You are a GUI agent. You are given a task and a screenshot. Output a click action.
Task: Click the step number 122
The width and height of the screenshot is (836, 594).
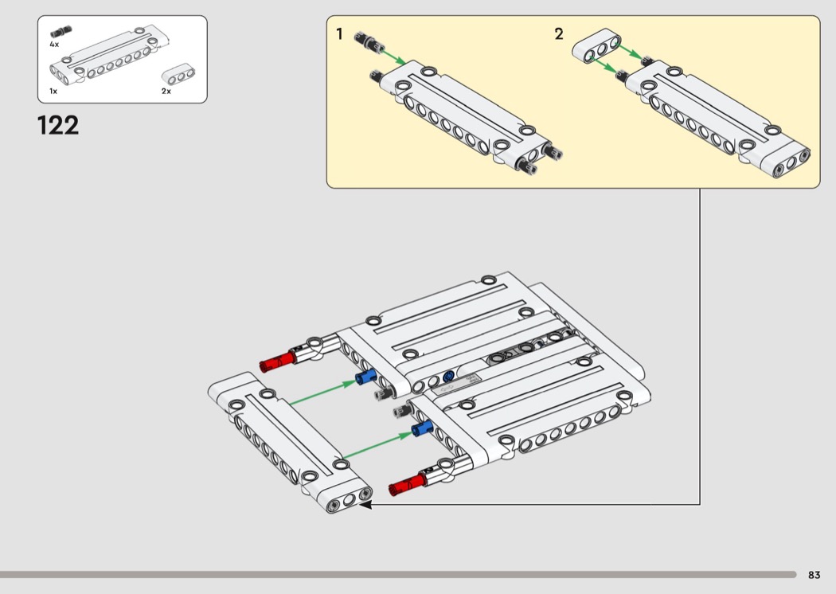[x=58, y=126]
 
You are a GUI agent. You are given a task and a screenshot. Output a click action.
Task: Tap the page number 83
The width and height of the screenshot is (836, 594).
[x=814, y=575]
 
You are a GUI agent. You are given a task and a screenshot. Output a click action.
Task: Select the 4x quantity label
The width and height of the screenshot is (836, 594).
[x=54, y=45]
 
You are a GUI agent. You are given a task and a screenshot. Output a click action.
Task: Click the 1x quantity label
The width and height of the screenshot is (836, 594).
[x=53, y=91]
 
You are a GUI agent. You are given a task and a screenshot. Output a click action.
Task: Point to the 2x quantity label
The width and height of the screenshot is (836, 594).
[x=166, y=91]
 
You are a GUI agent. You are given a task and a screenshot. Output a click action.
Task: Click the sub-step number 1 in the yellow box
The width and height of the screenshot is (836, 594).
[x=340, y=34]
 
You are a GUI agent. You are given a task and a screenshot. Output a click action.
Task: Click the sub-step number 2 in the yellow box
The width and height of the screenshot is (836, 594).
[x=559, y=34]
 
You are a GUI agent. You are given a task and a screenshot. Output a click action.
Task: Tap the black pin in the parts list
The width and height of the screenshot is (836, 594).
[x=61, y=32]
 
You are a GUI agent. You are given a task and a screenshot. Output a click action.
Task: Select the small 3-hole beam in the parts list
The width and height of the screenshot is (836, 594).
[x=178, y=76]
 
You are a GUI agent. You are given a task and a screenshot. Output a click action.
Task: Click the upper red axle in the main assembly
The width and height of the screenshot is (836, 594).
[x=277, y=362]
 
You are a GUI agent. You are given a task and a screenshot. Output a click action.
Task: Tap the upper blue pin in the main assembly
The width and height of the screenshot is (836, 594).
[x=366, y=377]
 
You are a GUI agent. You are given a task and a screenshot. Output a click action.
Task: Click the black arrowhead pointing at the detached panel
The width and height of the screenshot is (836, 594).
[x=365, y=503]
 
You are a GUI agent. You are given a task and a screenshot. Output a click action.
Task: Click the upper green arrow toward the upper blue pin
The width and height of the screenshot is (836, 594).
[x=322, y=393]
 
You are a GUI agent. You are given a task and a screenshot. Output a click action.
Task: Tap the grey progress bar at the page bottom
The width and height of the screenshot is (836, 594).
[x=398, y=574]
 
